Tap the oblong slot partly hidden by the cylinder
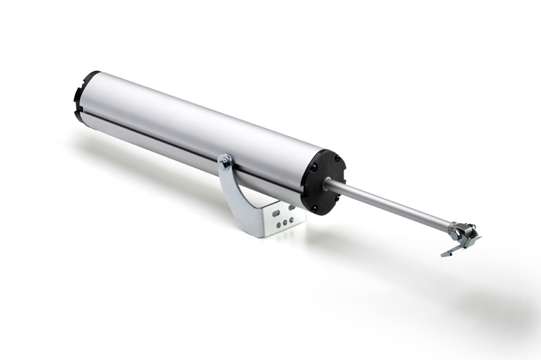(289, 207)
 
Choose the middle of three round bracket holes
(285, 223)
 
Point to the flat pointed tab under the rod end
(450, 251)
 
